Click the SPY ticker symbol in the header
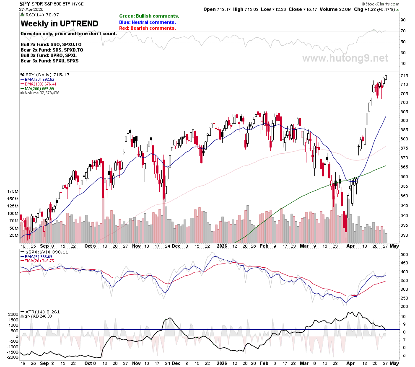point(25,4)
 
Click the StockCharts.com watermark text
point(381,4)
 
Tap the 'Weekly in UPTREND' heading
point(60,23)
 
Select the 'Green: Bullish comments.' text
point(149,16)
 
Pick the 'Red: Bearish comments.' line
point(148,28)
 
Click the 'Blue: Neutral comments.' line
point(148,22)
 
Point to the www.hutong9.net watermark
point(345,58)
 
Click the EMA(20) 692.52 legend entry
point(37,79)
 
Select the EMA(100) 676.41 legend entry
point(39,84)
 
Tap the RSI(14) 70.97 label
point(40,15)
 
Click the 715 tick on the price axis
point(404,76)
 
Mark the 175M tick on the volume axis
point(13,191)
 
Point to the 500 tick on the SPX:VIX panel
point(404,255)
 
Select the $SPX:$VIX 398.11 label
point(44,252)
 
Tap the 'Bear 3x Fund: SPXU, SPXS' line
point(49,61)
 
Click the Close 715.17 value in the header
point(303,9)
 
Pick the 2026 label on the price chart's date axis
point(222,246)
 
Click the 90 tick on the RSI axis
point(403,20)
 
